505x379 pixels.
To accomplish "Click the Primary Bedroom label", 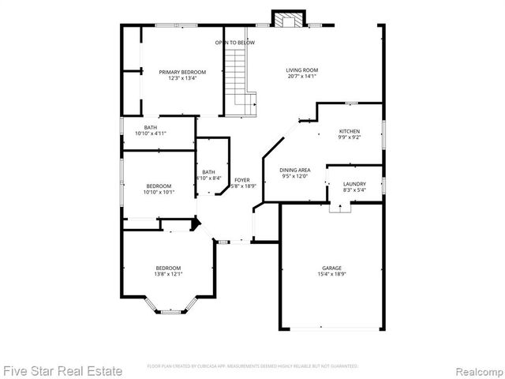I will click(177, 72).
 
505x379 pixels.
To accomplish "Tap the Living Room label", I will click(301, 70).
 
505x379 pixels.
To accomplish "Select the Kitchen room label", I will click(350, 131).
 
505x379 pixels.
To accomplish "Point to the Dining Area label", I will click(295, 170).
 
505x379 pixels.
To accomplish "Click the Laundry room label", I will click(354, 184).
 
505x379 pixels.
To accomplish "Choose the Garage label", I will click(331, 268).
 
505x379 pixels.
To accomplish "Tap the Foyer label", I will click(242, 180).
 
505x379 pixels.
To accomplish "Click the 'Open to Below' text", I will click(235, 42).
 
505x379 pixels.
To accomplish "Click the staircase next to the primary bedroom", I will click(241, 79).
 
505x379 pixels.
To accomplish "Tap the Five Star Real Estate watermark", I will click(63, 370).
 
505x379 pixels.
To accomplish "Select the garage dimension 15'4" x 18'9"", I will click(331, 274).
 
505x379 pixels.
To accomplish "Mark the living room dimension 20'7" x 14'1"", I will click(301, 77).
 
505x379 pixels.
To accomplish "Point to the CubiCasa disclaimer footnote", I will click(252, 366).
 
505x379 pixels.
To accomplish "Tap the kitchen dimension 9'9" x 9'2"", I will click(350, 137).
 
